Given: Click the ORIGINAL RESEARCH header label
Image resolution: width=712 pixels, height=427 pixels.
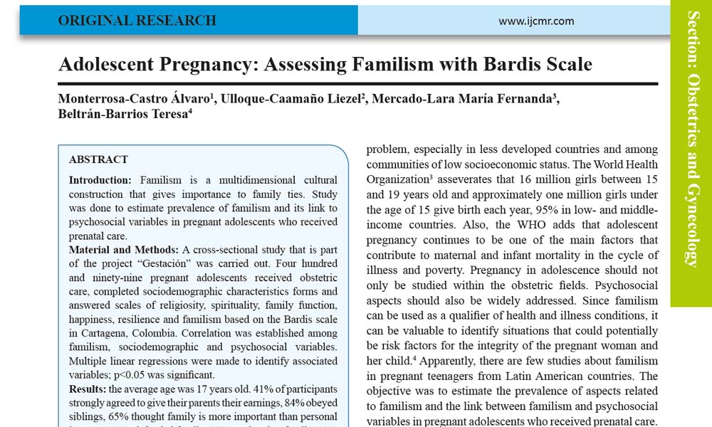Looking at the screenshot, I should [x=137, y=21].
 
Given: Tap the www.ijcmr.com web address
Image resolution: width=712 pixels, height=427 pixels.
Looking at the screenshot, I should [x=536, y=21].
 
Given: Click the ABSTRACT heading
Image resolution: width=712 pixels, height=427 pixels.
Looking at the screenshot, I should [x=98, y=159].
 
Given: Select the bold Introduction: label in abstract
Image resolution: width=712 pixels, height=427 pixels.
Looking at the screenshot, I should [x=100, y=180].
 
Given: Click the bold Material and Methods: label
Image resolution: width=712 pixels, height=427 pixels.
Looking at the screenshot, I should [x=124, y=250].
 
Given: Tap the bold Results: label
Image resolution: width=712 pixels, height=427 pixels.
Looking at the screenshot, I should [x=88, y=389].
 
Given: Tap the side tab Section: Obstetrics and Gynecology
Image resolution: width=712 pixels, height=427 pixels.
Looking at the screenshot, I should [x=691, y=139].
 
